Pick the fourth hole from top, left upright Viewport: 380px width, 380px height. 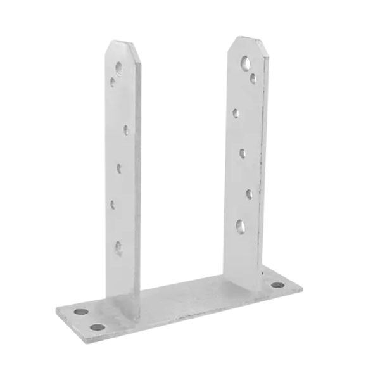119,168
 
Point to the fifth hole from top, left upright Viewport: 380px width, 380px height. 115,203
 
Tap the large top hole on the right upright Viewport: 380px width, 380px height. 244,61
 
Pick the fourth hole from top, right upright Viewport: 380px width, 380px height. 243,153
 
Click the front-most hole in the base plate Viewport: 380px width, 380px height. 97,327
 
